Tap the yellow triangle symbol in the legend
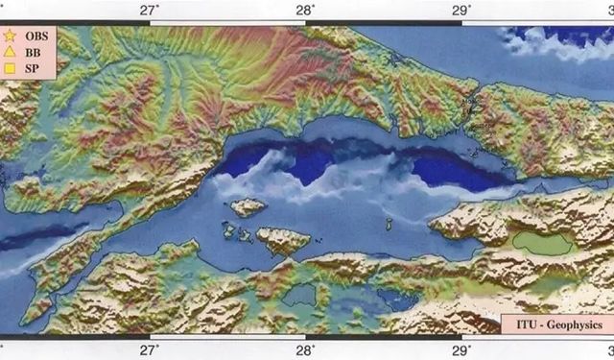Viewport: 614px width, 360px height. tap(12, 52)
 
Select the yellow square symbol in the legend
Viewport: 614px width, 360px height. tap(12, 68)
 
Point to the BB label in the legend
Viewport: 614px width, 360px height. tap(34, 52)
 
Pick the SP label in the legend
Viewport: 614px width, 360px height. tap(33, 68)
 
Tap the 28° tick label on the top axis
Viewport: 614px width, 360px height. tap(305, 10)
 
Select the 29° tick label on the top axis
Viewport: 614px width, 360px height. tap(460, 10)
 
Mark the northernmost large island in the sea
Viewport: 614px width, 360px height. tap(248, 206)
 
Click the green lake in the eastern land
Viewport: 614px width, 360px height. tap(542, 244)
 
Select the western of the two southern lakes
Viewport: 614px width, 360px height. tap(304, 294)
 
